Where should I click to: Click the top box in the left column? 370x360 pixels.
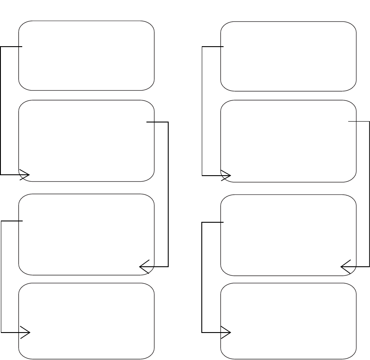pos(86,55)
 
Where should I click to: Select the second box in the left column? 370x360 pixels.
pos(86,140)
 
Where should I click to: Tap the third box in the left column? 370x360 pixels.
pos(86,234)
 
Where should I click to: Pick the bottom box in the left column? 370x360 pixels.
pos(86,321)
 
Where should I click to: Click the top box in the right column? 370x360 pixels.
pos(288,56)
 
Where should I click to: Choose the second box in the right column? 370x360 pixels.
pos(288,141)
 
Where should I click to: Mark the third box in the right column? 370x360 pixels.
pos(288,235)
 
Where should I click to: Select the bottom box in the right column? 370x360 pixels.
pos(288,321)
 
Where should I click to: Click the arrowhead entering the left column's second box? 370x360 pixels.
pos(25,174)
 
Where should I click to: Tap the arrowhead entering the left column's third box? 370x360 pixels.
pos(143,266)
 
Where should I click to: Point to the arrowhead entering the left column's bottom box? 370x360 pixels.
pos(25,333)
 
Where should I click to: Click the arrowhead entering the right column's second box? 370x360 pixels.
pos(227,176)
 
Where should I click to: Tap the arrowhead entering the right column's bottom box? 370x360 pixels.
pos(227,333)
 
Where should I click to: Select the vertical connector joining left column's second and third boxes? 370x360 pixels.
pos(168,194)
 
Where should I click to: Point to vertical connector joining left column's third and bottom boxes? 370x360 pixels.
pos(1,277)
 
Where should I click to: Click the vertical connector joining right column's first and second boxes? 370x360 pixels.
pos(203,111)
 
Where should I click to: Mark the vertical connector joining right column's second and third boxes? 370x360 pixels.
pos(370,194)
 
